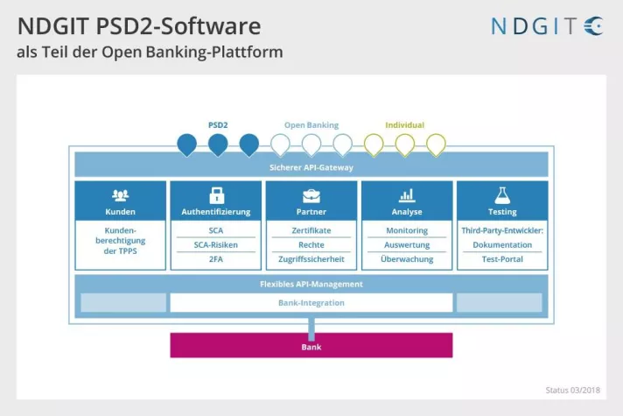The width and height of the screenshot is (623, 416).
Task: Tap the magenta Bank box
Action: pos(311,346)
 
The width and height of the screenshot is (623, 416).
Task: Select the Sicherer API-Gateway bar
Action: pos(311,166)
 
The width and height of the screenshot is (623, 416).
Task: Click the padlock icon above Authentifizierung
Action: pos(215,195)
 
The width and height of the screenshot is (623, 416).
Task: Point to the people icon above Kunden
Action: pos(120,195)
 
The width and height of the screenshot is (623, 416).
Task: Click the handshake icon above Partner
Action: pos(311,195)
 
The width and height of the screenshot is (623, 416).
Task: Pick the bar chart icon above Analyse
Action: pos(406,195)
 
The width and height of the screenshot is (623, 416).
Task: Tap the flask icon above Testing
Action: pos(502,195)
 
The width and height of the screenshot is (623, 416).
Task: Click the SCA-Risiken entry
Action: pos(215,245)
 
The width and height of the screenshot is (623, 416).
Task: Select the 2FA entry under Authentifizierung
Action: pos(215,260)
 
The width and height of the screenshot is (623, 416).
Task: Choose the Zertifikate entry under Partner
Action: pos(311,230)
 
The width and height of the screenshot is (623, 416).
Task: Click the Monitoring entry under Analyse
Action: pos(407,230)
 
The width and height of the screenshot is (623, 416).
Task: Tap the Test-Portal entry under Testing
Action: pos(502,260)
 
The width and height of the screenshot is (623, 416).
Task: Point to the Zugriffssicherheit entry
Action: pos(311,260)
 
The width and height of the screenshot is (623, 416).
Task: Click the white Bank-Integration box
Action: pos(311,303)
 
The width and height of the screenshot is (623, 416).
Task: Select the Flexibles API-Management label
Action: pos(311,284)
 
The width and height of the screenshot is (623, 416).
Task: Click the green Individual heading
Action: pos(405,125)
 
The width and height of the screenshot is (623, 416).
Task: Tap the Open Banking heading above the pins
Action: pos(311,125)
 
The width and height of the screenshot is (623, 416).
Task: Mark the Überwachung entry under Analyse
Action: pos(407,260)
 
